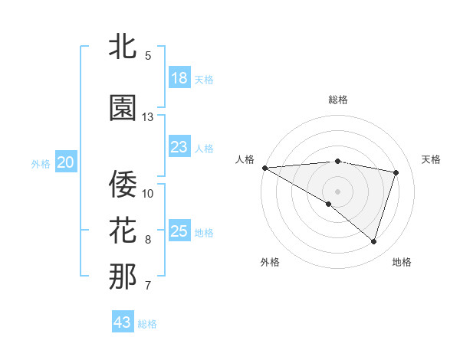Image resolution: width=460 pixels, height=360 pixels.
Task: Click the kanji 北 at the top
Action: click(123, 47)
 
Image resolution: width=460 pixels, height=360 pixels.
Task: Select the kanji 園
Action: click(123, 108)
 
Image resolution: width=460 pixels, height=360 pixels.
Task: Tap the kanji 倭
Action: click(123, 182)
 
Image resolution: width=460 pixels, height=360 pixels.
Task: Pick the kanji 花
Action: click(123, 230)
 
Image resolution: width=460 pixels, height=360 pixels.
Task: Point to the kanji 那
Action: click(123, 277)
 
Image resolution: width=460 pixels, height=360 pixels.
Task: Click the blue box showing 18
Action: click(179, 78)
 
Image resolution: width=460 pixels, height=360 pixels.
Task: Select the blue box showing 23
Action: click(179, 147)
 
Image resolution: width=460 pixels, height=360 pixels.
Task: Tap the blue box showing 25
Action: click(179, 231)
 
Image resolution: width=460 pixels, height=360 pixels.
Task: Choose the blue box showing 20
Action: click(66, 162)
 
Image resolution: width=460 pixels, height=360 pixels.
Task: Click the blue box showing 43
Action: click(123, 322)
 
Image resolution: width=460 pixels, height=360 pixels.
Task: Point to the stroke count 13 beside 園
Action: click(148, 117)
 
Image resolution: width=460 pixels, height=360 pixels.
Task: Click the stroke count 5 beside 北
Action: click(148, 56)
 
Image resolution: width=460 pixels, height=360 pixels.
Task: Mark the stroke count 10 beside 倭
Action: click(148, 192)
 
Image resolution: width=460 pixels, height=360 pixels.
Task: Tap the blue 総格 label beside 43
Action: click(147, 324)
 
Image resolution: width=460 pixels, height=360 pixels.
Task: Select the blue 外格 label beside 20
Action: click(41, 163)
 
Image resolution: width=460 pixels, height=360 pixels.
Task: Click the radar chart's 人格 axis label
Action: click(245, 159)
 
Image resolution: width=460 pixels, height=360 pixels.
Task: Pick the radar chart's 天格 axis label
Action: click(431, 159)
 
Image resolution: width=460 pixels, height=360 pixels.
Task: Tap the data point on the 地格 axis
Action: click(373, 242)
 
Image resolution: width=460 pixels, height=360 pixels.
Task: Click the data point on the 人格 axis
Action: click(264, 167)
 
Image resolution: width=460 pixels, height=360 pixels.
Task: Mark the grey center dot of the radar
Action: click(337, 191)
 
